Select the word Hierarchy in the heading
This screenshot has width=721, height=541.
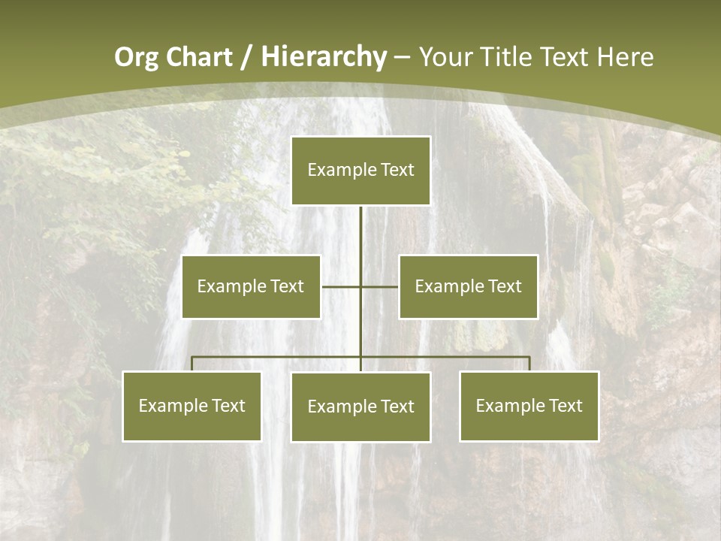tap(324, 57)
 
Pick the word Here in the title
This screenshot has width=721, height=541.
tap(625, 57)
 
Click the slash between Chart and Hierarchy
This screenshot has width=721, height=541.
tap(246, 57)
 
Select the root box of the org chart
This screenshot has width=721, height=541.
tap(360, 171)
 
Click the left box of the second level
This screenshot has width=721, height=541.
tap(251, 287)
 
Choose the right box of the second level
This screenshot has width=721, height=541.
tap(468, 287)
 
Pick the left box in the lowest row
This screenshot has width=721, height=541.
tap(192, 407)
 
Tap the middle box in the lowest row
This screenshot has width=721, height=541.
tap(360, 407)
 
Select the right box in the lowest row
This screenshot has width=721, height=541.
tap(529, 407)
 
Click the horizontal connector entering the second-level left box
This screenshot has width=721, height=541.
tap(341, 286)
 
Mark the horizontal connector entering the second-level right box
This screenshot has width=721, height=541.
tap(380, 286)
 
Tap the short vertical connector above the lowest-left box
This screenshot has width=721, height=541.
tap(192, 364)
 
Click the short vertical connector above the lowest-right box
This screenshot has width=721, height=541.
tap(529, 364)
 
